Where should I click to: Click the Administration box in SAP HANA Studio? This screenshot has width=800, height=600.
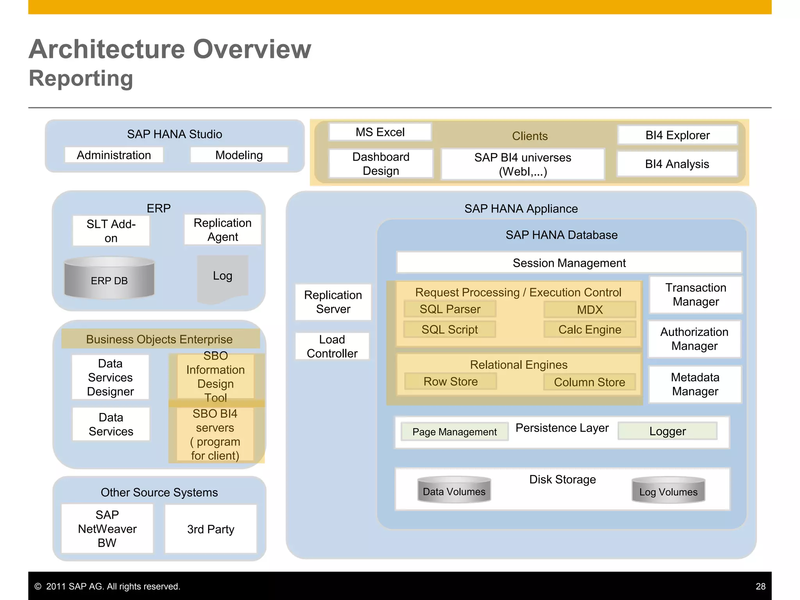click(x=114, y=155)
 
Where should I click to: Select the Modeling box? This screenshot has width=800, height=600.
click(x=239, y=155)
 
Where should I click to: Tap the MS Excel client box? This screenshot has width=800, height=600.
click(x=380, y=132)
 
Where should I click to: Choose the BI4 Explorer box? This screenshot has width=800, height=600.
click(x=677, y=135)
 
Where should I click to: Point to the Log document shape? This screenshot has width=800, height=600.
click(x=223, y=277)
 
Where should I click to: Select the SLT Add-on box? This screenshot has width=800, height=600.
click(x=111, y=231)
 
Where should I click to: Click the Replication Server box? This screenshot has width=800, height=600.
click(x=333, y=302)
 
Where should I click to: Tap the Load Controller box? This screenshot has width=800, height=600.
click(x=332, y=346)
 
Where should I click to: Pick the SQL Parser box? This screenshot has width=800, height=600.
click(x=450, y=309)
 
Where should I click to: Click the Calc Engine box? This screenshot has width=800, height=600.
click(x=589, y=329)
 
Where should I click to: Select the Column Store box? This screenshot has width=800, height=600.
click(x=589, y=382)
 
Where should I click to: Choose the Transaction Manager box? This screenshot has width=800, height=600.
click(x=696, y=295)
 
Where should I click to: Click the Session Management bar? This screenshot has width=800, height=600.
click(x=569, y=263)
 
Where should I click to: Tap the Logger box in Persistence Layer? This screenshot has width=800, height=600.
click(x=667, y=431)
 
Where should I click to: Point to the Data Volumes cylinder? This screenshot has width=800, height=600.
click(x=454, y=490)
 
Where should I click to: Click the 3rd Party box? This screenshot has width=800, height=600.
click(x=211, y=529)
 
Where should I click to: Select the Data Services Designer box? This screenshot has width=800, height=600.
click(x=111, y=377)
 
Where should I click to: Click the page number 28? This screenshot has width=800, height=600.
click(x=760, y=586)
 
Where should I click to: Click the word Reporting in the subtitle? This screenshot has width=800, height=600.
click(x=81, y=79)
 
